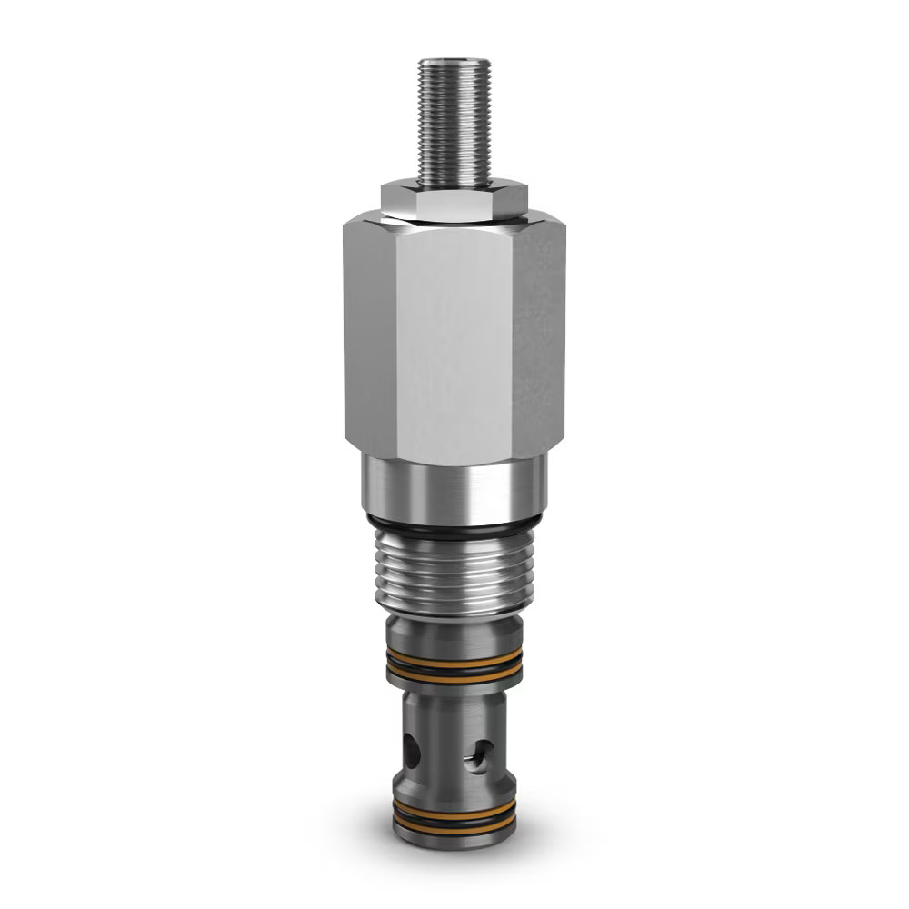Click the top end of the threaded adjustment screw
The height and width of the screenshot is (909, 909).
(x=454, y=65)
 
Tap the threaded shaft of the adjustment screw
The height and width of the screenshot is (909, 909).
(x=454, y=123)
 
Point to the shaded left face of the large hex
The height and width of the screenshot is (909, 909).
(x=368, y=336)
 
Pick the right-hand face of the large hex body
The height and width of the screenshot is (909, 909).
(x=538, y=336)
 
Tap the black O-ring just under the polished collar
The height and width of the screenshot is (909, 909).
(x=454, y=524)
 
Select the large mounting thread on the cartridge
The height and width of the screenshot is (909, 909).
(x=454, y=573)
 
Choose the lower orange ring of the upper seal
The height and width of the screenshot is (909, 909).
(x=454, y=678)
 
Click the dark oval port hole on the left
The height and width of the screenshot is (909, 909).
(x=413, y=751)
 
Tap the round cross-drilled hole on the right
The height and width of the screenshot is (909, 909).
(x=479, y=755)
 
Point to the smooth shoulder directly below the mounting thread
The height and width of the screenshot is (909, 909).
(x=454, y=628)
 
